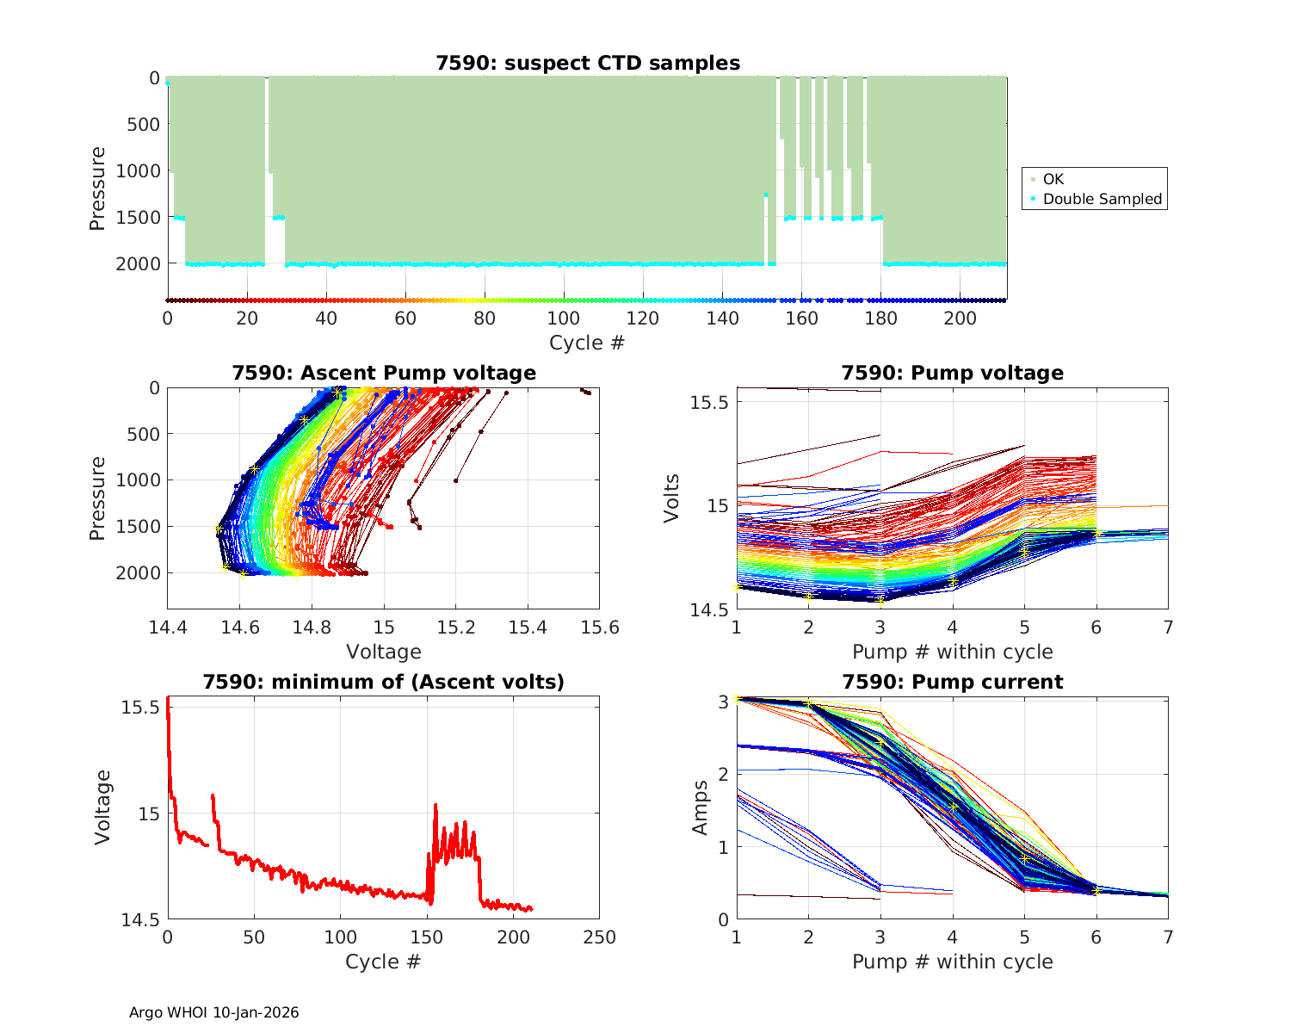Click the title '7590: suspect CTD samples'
pyautogui.click(x=587, y=63)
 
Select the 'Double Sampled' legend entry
pyautogui.click(x=1102, y=199)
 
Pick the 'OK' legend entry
pyautogui.click(x=1053, y=179)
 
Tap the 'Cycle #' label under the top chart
pyautogui.click(x=587, y=343)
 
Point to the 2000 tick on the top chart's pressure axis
pyautogui.click(x=138, y=263)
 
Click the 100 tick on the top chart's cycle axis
pyautogui.click(x=564, y=319)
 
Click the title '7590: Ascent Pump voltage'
pyautogui.click(x=384, y=373)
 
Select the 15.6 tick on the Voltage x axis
pyautogui.click(x=600, y=628)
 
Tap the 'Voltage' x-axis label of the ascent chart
pyautogui.click(x=384, y=652)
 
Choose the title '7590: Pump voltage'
pyautogui.click(x=952, y=373)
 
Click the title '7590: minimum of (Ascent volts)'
pyautogui.click(x=384, y=682)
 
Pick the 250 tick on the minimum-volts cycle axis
pyautogui.click(x=600, y=937)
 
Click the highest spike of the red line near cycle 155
pyautogui.click(x=435, y=805)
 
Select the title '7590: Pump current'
pyautogui.click(x=952, y=682)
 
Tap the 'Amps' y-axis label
pyautogui.click(x=701, y=807)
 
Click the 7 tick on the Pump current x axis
pyautogui.click(x=1168, y=937)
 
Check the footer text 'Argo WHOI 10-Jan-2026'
pyautogui.click(x=214, y=1012)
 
